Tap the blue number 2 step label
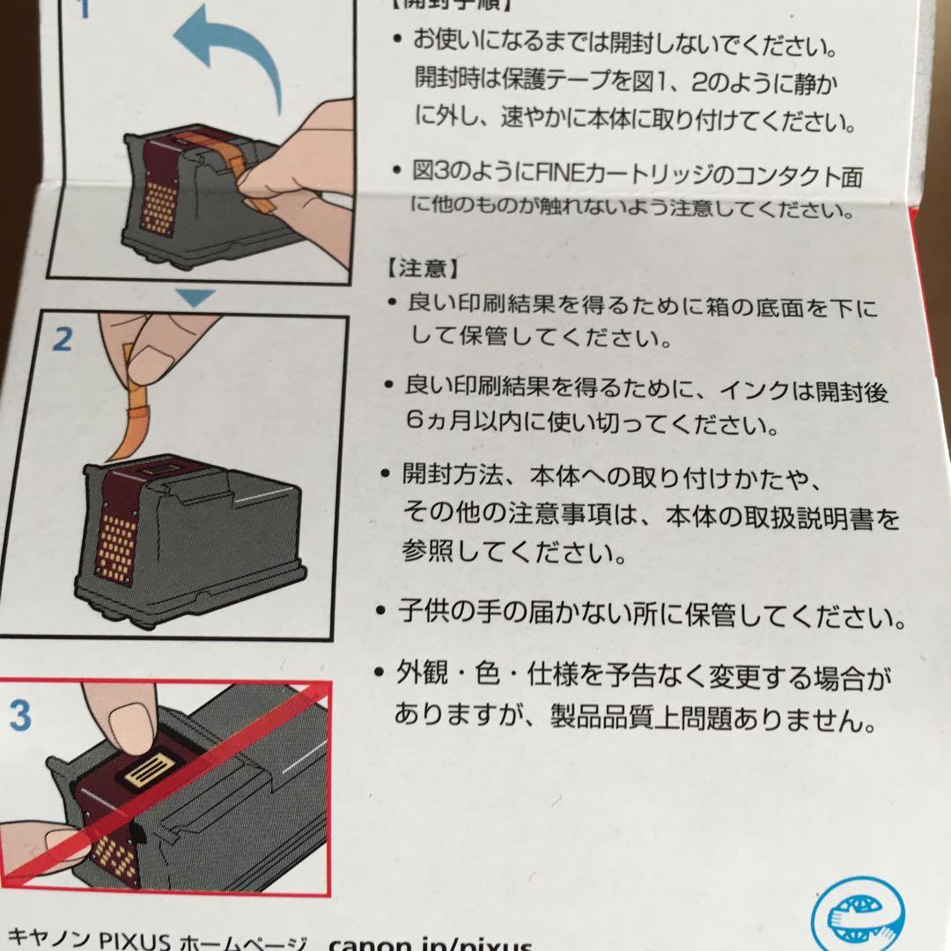point(62,340)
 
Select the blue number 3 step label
point(18,716)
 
